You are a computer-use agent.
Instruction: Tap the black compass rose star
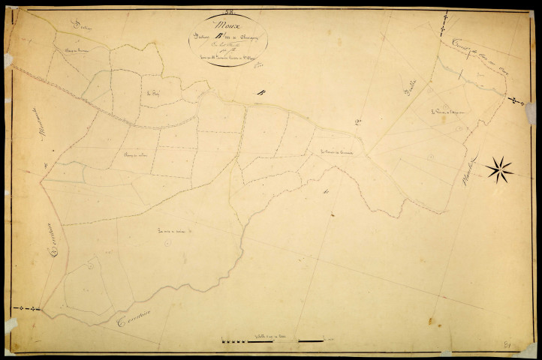pyautogui.click(x=499, y=170)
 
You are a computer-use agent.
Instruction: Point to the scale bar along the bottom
pyautogui.click(x=275, y=342)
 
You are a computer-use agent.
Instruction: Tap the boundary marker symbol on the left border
pyautogui.click(x=29, y=308)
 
